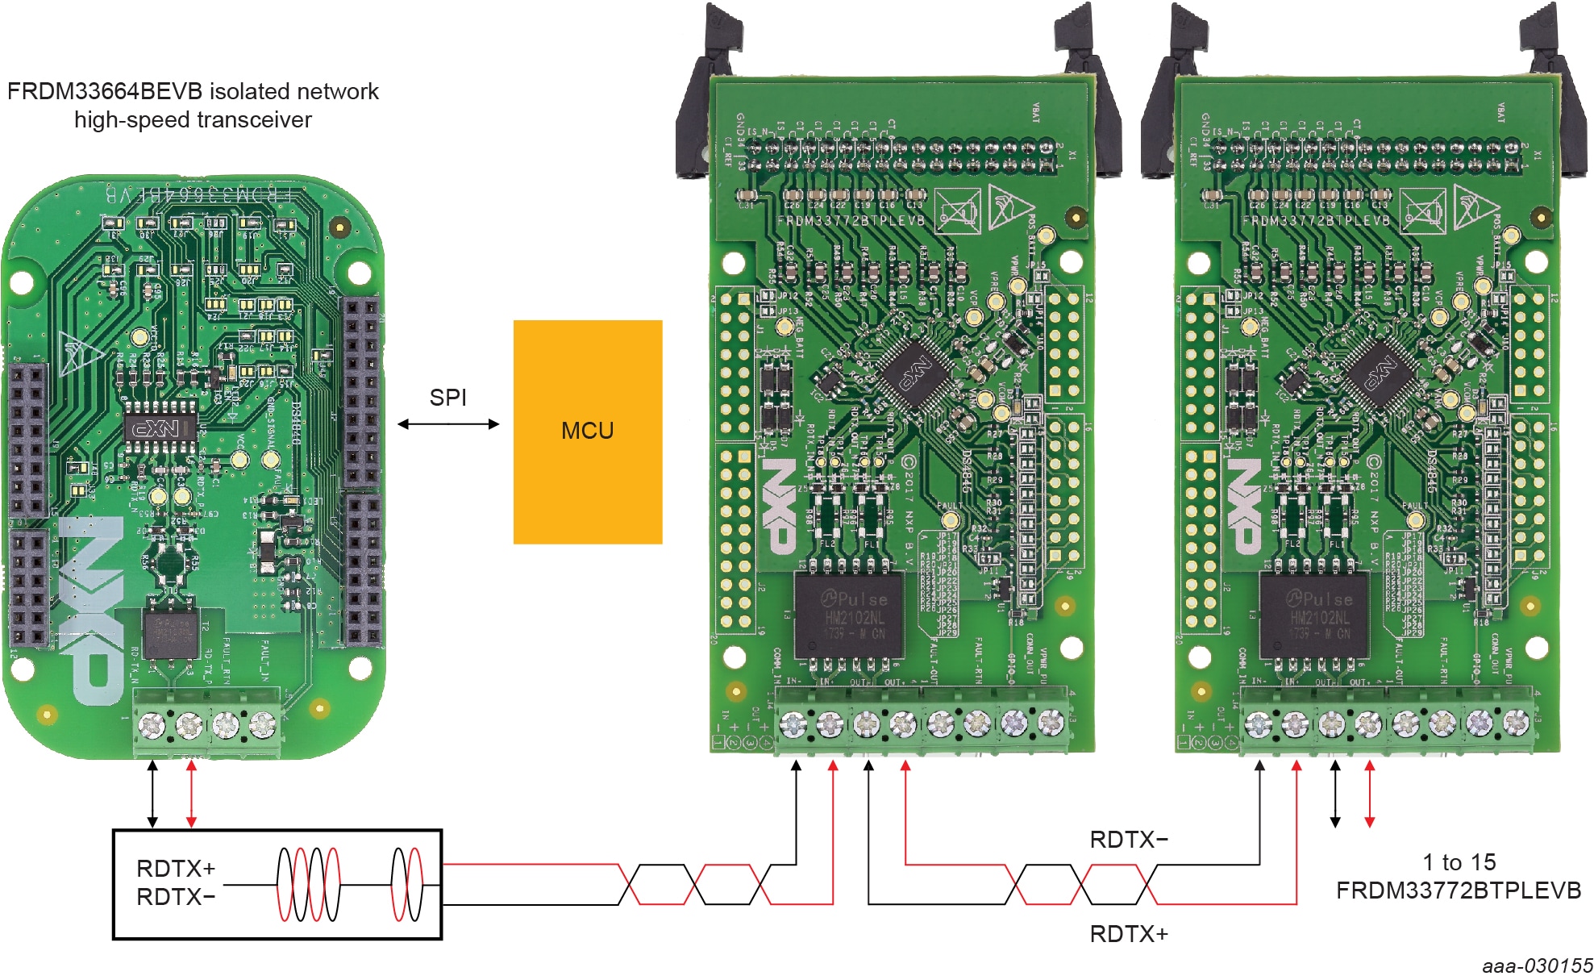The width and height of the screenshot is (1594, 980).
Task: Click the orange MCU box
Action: (588, 432)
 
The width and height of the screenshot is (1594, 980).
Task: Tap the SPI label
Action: (447, 398)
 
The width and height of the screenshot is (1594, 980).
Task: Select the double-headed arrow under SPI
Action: (448, 424)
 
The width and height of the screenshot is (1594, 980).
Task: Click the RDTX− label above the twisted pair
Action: (1128, 840)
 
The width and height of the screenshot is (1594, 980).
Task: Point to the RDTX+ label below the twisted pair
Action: (1128, 934)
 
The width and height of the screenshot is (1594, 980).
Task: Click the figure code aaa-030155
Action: (1537, 965)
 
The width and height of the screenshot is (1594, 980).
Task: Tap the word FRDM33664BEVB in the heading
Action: (104, 91)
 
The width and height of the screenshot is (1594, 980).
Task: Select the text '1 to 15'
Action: (1459, 862)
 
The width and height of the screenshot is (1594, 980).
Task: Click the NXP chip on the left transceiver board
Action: (160, 427)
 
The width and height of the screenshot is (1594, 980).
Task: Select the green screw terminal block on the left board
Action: (207, 724)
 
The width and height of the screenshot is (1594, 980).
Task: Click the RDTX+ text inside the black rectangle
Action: (176, 869)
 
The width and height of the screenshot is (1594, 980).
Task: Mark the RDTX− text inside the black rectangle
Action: (176, 897)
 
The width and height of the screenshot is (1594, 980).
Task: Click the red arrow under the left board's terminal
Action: (191, 794)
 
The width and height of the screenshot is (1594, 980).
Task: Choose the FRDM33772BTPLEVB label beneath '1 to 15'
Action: (1458, 890)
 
